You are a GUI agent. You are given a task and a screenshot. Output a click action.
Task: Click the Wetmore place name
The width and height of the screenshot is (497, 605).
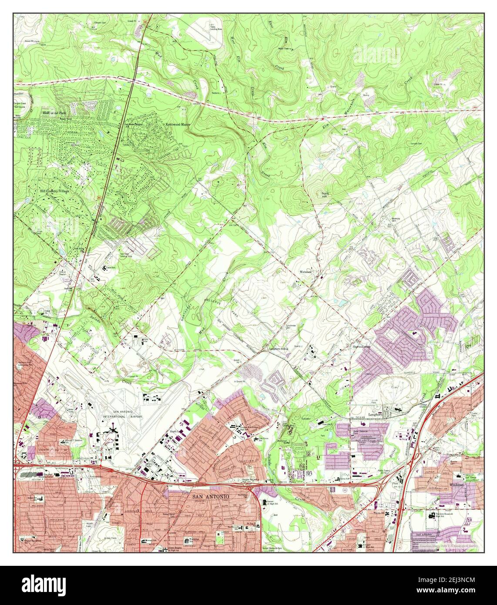[306, 272]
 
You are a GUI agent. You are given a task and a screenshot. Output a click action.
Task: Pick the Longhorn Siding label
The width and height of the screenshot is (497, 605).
[279, 349]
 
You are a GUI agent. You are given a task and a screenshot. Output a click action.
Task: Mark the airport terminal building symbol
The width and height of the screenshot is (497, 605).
[114, 430]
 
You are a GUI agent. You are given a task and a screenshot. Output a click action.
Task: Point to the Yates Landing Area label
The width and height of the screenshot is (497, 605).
[216, 27]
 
